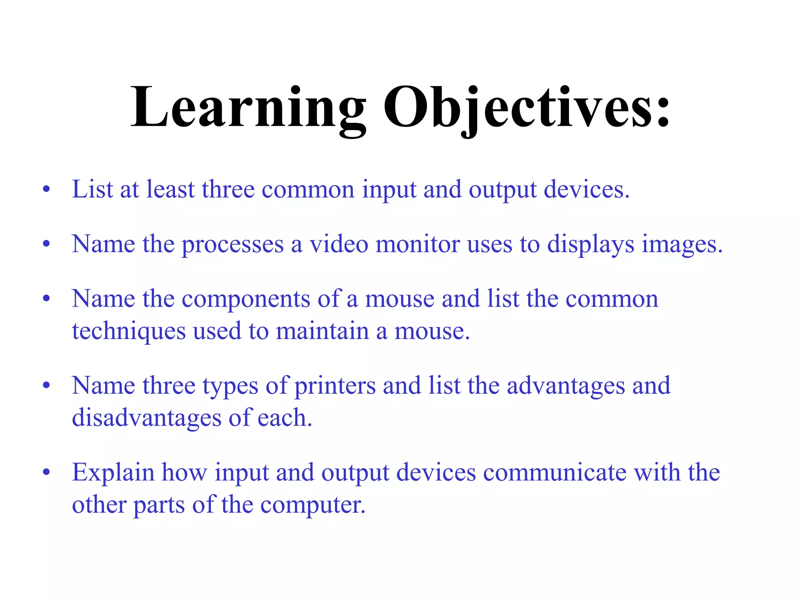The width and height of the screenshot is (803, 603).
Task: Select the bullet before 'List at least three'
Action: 47,190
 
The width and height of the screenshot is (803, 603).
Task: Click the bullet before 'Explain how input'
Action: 47,473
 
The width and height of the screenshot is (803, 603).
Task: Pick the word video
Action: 339,244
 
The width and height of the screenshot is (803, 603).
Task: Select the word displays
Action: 590,245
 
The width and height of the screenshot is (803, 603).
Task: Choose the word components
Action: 246,300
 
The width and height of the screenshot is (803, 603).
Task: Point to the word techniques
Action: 129,331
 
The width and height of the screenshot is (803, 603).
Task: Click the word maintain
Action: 322,331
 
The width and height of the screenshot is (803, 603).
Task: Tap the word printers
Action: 335,386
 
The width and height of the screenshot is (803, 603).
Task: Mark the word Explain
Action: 113,473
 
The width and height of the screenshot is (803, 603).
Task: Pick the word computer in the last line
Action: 312,505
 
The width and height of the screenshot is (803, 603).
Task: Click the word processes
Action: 233,245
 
